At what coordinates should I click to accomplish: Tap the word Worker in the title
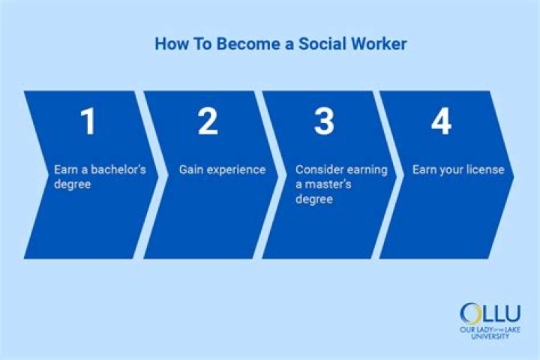coord(379,44)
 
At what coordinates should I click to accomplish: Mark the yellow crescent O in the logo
coord(471,313)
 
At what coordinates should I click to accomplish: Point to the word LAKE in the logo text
coord(511,329)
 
